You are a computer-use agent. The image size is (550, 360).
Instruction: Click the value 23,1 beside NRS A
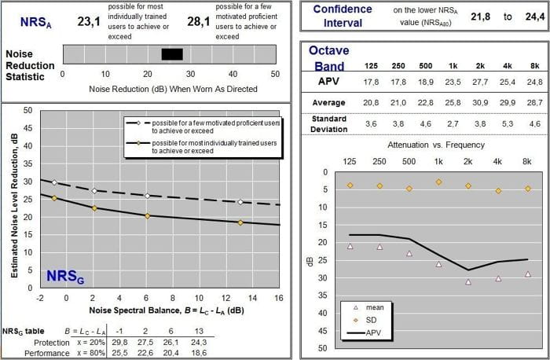click(x=90, y=21)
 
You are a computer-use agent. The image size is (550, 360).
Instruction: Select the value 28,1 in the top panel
click(x=198, y=21)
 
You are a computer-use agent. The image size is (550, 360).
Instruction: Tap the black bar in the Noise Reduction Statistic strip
click(x=172, y=53)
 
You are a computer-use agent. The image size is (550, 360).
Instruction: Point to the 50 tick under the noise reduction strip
click(x=275, y=74)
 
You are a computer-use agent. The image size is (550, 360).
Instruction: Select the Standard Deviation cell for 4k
click(x=498, y=123)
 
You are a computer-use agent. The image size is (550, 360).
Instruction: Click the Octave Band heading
click(x=329, y=56)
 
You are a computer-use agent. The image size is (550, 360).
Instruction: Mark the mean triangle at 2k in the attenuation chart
click(x=468, y=281)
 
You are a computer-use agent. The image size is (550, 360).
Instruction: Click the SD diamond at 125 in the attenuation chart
click(x=350, y=186)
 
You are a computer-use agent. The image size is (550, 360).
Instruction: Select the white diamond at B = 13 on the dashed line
click(x=240, y=202)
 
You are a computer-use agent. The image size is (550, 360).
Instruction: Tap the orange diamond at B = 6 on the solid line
click(x=147, y=215)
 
